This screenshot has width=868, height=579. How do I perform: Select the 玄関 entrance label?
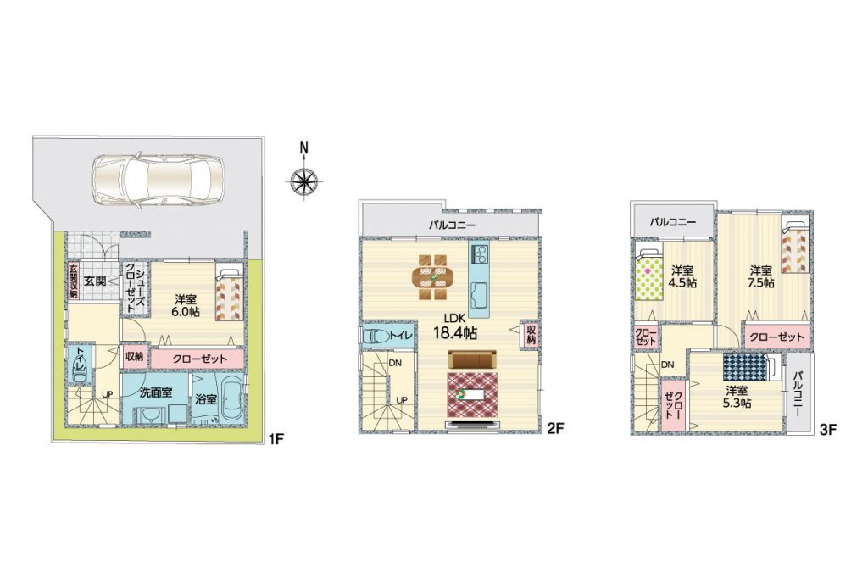pos(95,281)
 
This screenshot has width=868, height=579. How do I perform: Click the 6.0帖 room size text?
pos(186,312)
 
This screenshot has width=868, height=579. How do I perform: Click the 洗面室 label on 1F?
pos(156,392)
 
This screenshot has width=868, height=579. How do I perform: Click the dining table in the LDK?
pos(432,276)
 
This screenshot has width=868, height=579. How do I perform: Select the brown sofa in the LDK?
pos(472,360)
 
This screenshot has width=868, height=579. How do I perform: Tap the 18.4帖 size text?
pos(454,333)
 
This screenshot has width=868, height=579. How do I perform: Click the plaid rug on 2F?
pos(472,394)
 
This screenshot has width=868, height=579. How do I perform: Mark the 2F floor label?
pos(555,427)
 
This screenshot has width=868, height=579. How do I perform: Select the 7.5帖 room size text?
pos(762,283)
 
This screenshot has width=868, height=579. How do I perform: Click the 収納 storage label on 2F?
pos(531,334)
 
